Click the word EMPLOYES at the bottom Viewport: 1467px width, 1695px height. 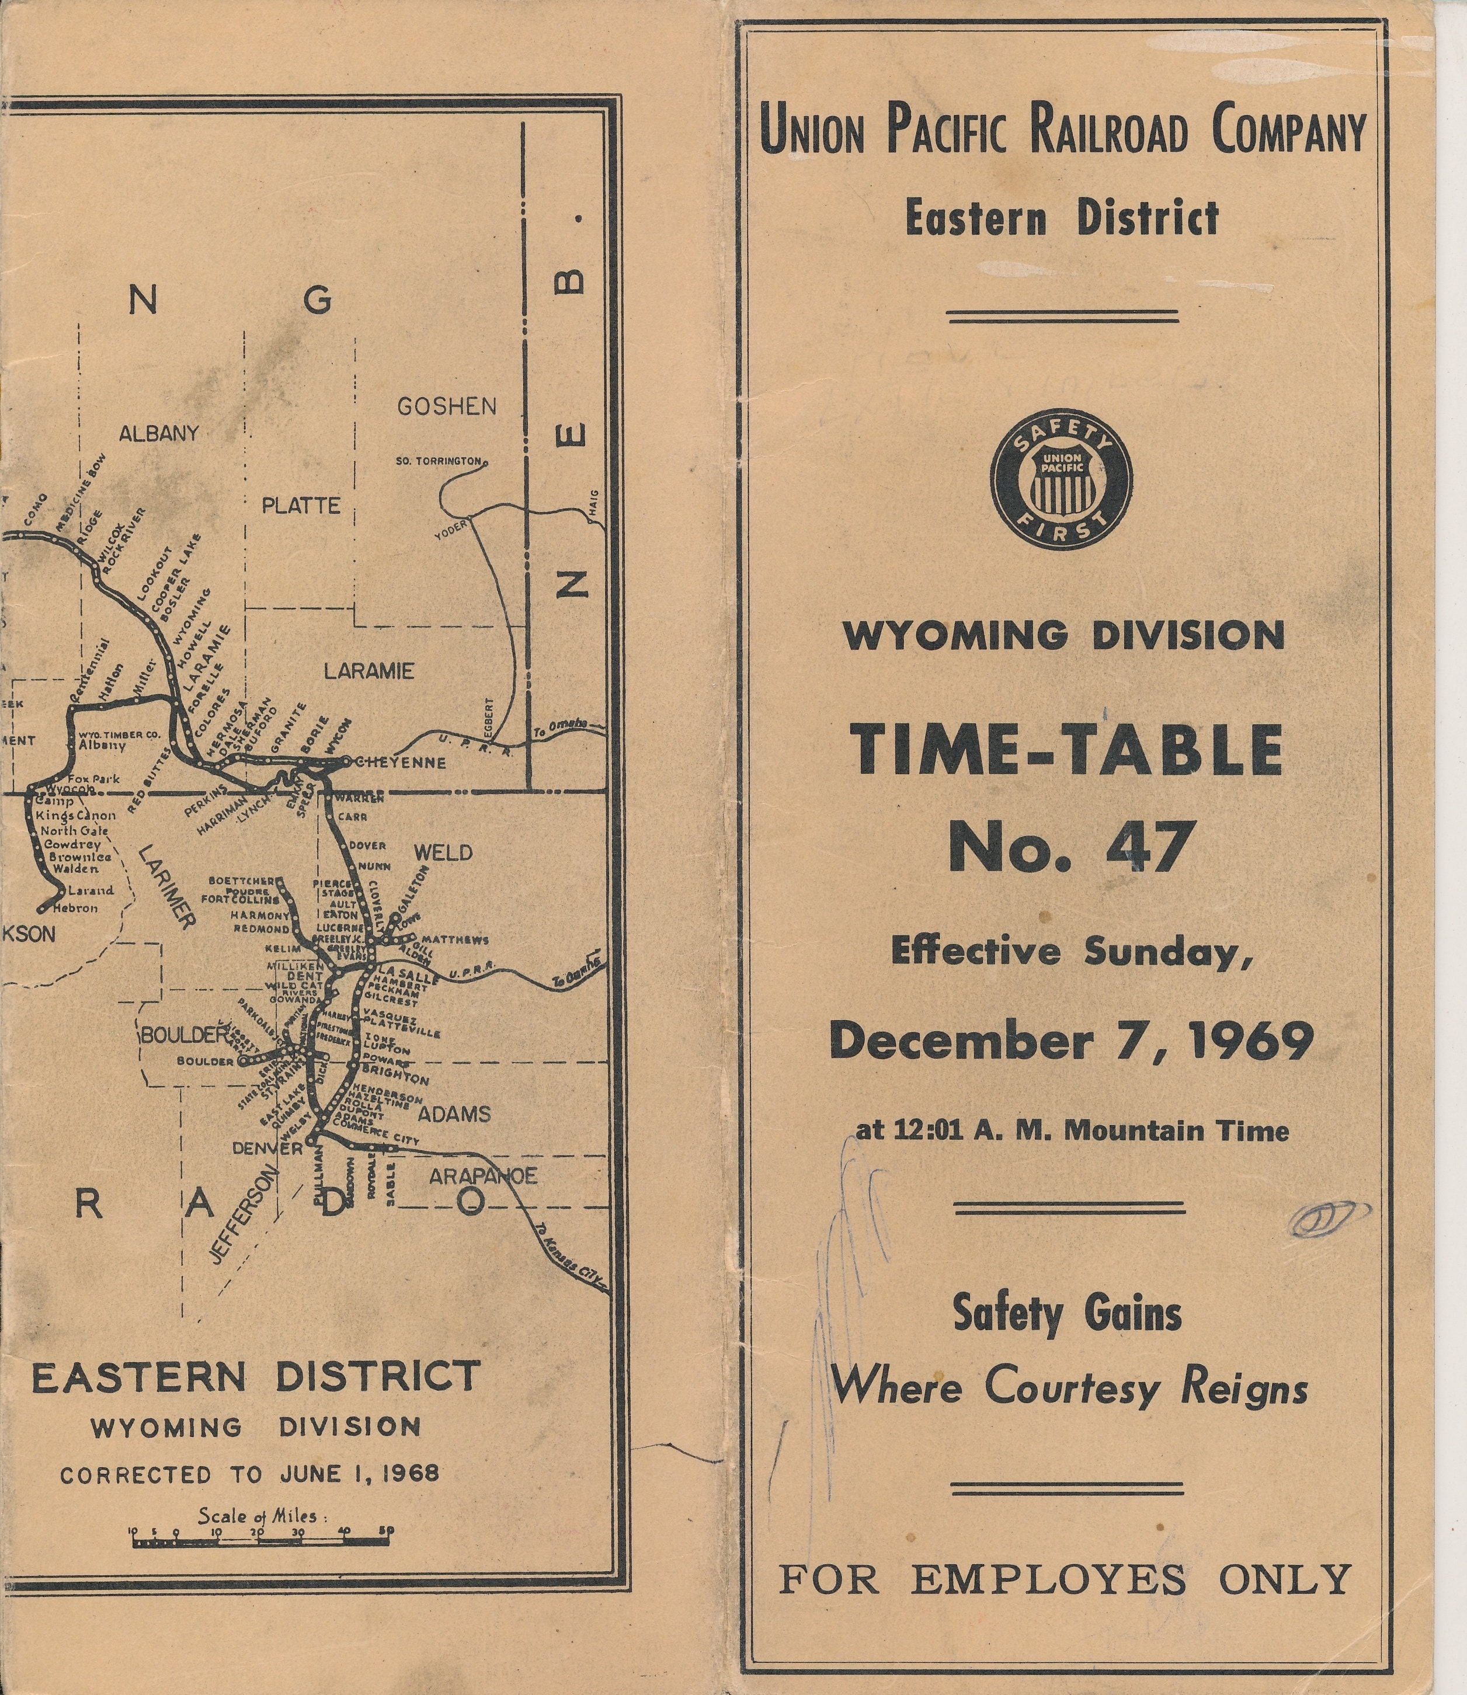(1048, 1579)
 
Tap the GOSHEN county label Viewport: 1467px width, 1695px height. (446, 406)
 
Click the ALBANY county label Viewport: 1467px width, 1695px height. (159, 433)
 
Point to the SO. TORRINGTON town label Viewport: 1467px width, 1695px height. (439, 462)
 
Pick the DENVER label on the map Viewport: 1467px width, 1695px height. (267, 1148)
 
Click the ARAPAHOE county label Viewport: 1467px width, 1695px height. (483, 1176)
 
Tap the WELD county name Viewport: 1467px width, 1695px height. (443, 853)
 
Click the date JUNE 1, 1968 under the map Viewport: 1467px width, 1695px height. (359, 1474)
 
